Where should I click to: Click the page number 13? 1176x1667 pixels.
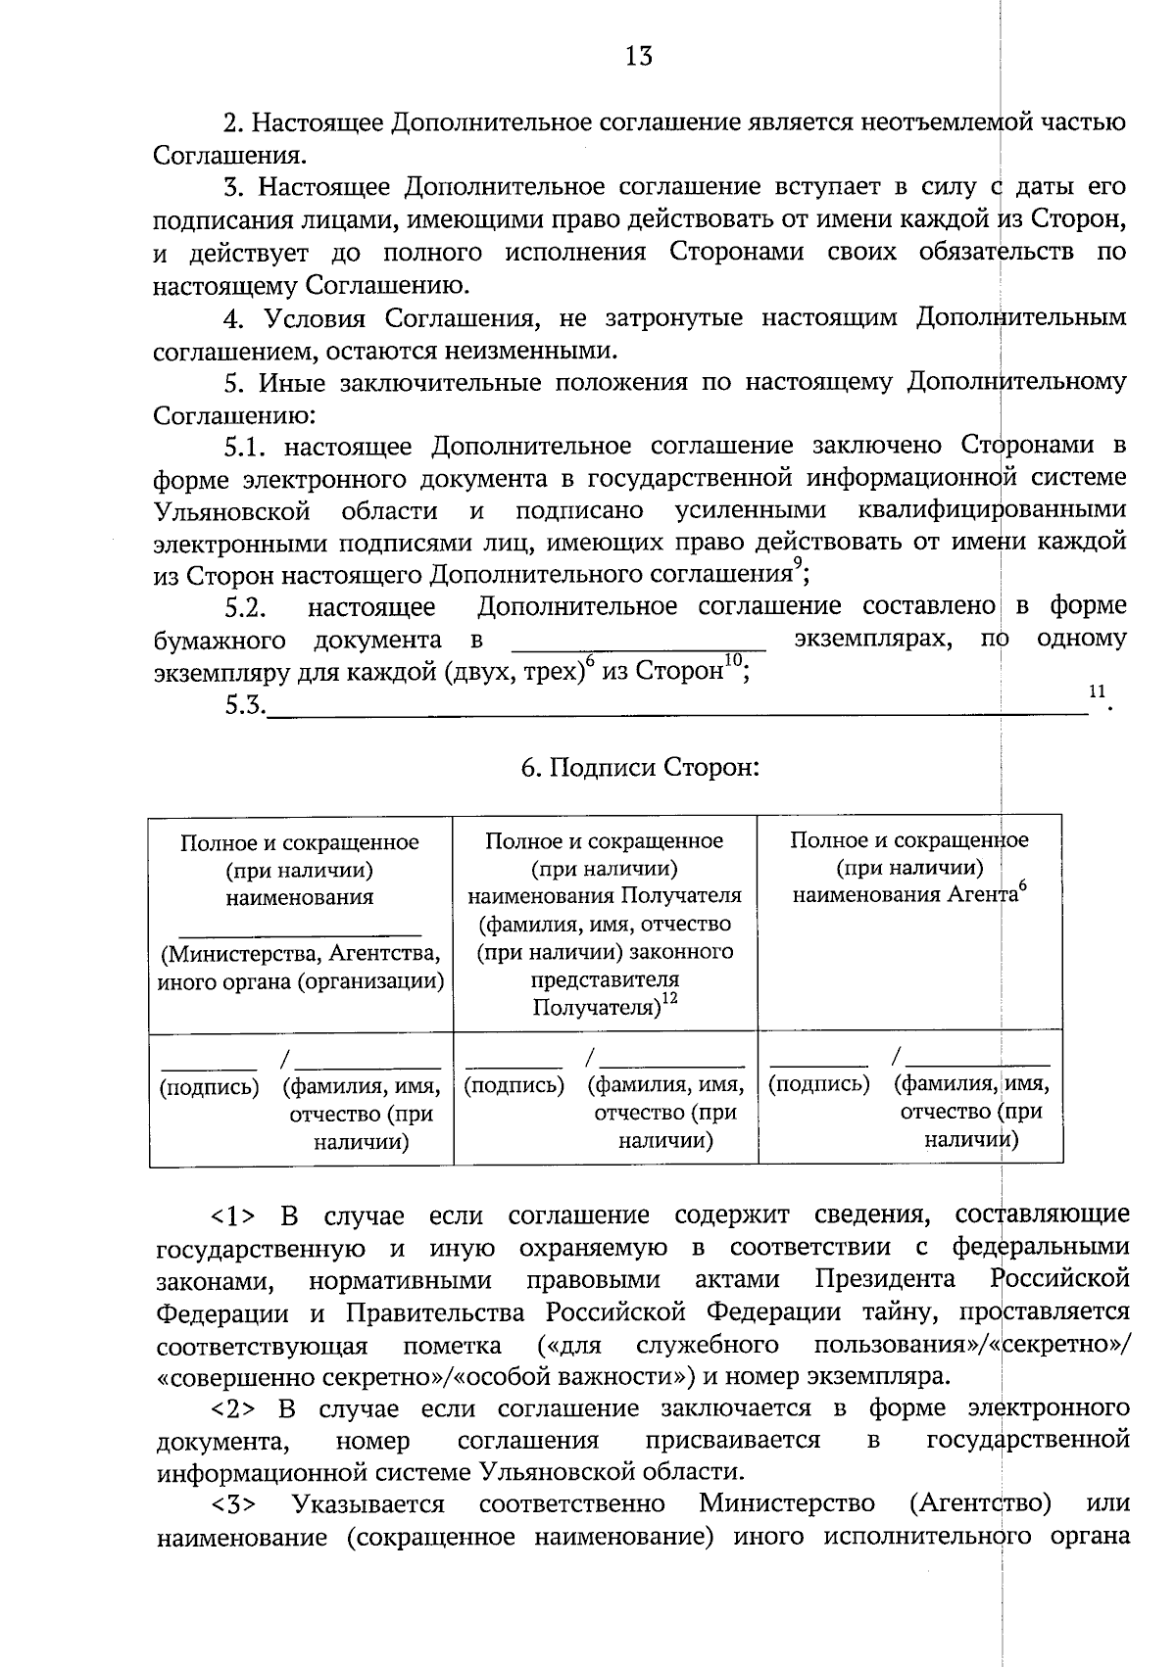pyautogui.click(x=639, y=56)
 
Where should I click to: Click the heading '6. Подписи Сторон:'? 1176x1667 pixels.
pyautogui.click(x=640, y=767)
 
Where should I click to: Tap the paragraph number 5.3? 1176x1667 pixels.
pyautogui.click(x=245, y=705)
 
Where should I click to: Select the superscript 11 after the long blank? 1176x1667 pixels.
pyautogui.click(x=1097, y=691)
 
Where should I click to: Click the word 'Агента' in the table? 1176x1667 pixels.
pyautogui.click(x=981, y=895)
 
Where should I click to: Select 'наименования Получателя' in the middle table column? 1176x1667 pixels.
pyautogui.click(x=605, y=896)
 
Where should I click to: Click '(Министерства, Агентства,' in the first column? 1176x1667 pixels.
pyautogui.click(x=300, y=954)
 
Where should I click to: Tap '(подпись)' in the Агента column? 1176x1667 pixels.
pyautogui.click(x=819, y=1084)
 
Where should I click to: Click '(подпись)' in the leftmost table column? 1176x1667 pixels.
pyautogui.click(x=209, y=1086)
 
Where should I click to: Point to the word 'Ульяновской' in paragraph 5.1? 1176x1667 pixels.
pyautogui.click(x=232, y=511)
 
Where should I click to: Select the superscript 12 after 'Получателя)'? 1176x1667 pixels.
pyautogui.click(x=669, y=998)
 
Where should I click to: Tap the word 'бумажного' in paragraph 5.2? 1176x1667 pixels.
pyautogui.click(x=220, y=642)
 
